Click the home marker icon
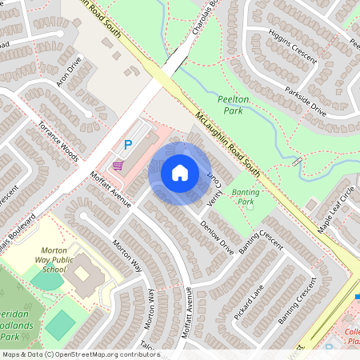pos(180,172)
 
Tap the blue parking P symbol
pos(127,145)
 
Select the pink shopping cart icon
pos(118,165)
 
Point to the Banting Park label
pos(242,197)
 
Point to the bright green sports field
pos(60,324)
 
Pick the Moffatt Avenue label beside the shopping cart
pos(110,190)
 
